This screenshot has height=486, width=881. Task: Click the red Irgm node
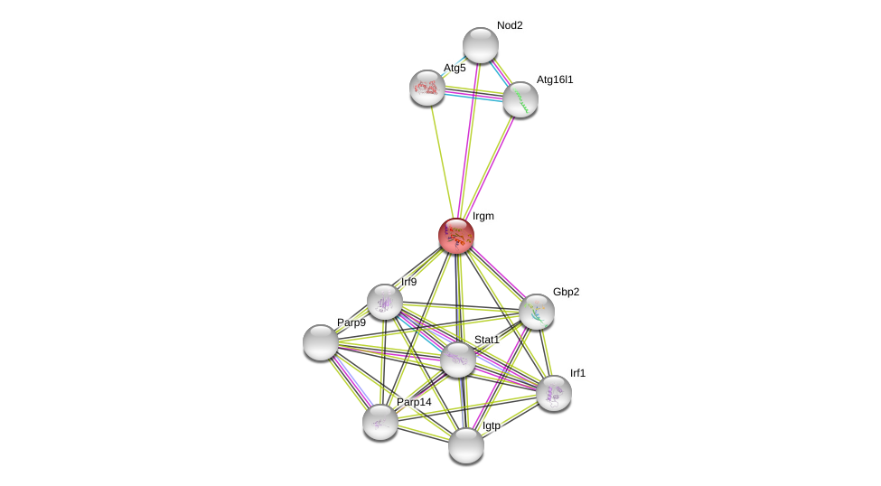[x=456, y=236]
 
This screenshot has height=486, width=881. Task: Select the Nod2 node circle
[x=481, y=45]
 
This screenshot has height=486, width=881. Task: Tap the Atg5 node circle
[x=427, y=88]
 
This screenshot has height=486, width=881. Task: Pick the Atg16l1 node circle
[x=520, y=99]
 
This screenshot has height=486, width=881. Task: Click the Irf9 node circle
[x=385, y=302]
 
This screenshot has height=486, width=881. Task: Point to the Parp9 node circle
[x=321, y=342]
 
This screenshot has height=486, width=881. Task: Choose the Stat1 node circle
[x=458, y=360]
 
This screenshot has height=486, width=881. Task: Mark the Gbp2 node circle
[x=537, y=312]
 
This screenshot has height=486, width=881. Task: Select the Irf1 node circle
[x=554, y=393]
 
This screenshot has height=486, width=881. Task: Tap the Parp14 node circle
[x=380, y=422]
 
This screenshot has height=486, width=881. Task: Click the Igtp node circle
[x=466, y=445]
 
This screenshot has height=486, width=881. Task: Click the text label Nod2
[x=510, y=25]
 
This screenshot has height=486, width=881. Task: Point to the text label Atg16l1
[x=555, y=79]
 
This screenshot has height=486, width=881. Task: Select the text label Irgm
[x=483, y=216]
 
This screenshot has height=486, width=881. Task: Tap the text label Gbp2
[x=567, y=292]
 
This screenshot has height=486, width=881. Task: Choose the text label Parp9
[x=351, y=322]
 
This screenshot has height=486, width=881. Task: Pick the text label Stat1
[x=487, y=340]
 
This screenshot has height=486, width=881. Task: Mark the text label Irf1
[x=577, y=373]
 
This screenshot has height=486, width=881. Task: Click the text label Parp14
[x=414, y=402]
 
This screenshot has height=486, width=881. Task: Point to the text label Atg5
[x=455, y=68]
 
